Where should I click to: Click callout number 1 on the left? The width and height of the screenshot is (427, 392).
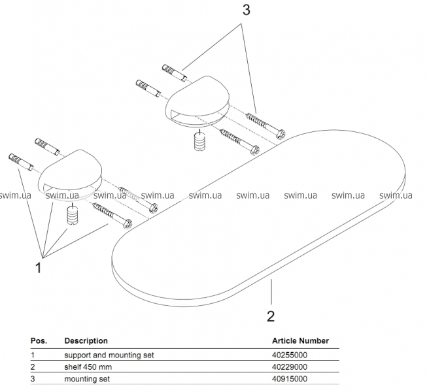39,267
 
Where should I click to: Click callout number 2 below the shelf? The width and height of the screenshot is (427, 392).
271,316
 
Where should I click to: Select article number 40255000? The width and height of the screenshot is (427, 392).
290,355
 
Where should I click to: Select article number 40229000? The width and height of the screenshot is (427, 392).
290,367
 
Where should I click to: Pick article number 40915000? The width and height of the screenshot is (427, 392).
290,378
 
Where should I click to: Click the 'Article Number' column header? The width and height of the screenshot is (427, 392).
300,340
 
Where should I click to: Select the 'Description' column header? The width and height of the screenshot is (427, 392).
86,340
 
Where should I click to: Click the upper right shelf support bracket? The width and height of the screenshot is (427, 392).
194,105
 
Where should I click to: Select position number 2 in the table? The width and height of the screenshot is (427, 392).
33,367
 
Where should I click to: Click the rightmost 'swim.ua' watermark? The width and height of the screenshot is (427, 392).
396,195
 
